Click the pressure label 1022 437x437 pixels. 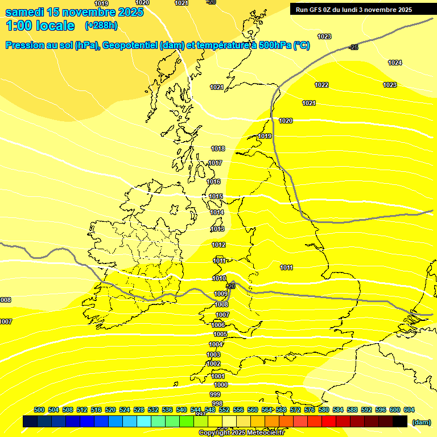pos(321,85)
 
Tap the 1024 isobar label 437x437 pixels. pos(395,63)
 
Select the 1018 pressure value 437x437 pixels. pos(218,149)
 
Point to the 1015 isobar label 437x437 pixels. pos(216,196)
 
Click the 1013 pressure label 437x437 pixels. pos(217,229)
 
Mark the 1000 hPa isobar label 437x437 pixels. pos(221,385)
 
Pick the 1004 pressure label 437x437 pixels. pos(216,344)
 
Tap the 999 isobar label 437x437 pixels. pos(215,394)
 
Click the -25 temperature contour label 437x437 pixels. pos(354,47)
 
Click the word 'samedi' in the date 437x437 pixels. pos(26,12)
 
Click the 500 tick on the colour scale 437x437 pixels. pos(39,410)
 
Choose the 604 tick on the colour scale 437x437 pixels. pos(409,410)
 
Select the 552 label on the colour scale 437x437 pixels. pos(224,410)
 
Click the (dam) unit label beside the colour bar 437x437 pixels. pos(421,422)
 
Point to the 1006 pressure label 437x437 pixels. pos(218,324)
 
